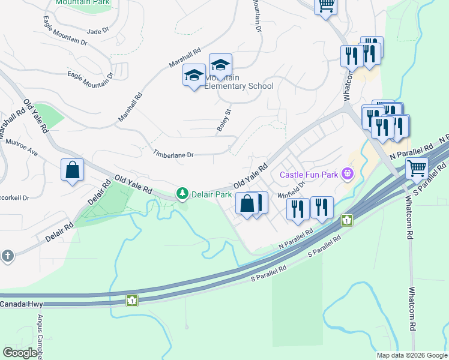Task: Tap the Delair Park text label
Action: pyautogui.click(x=211, y=194)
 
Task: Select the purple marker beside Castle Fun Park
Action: pyautogui.click(x=347, y=175)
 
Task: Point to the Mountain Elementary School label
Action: pyautogui.click(x=239, y=82)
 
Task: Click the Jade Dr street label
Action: pyautogui.click(x=98, y=31)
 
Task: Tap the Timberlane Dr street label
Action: pyautogui.click(x=173, y=154)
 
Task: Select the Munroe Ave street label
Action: pyautogui.click(x=22, y=148)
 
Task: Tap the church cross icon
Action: pyautogui.click(x=7, y=256)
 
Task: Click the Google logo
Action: pyautogui.click(x=20, y=353)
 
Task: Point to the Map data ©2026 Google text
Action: pyautogui.click(x=411, y=355)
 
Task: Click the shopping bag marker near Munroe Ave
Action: pyautogui.click(x=72, y=169)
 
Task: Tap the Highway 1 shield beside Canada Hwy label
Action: pyautogui.click(x=131, y=300)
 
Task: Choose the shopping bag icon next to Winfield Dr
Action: pyautogui.click(x=247, y=203)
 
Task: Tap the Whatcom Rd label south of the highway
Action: pyautogui.click(x=413, y=306)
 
